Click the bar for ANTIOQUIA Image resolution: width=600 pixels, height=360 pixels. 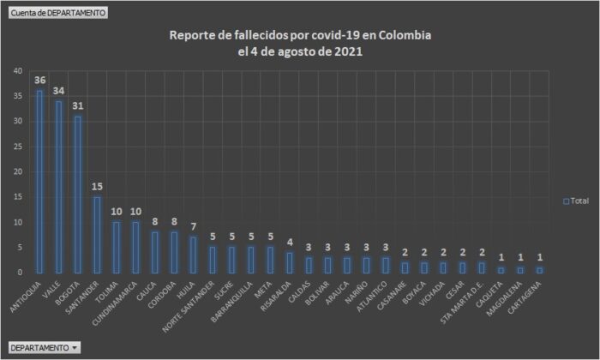[39, 182]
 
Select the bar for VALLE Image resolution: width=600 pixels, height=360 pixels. [59, 187]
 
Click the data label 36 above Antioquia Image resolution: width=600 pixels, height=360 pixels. [39, 81]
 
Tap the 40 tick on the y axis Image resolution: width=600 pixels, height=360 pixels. [17, 71]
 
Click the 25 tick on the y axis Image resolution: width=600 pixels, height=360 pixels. [17, 147]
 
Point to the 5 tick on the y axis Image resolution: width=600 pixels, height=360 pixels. [20, 248]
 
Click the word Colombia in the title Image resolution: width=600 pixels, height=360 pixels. [402, 36]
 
